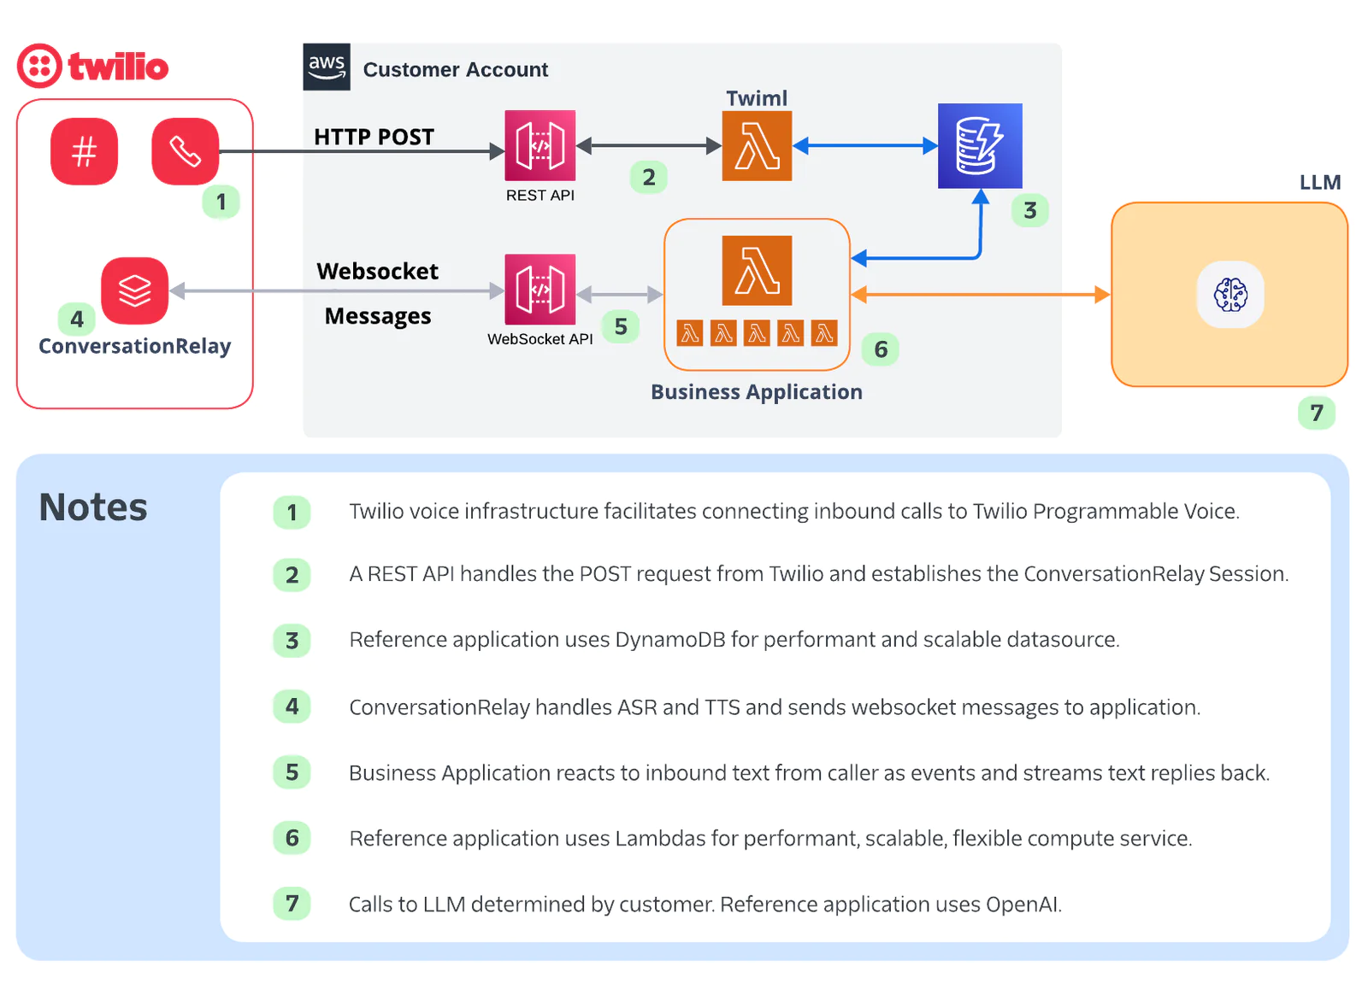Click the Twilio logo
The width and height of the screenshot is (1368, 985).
point(92,66)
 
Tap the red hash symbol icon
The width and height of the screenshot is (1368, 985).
point(84,151)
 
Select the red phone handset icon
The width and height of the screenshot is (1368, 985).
point(185,151)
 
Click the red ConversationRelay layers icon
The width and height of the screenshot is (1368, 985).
point(134,290)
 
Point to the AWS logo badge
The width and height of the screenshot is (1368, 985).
point(327,67)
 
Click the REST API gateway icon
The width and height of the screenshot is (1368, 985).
point(540,145)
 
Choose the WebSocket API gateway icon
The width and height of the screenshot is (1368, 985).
point(540,290)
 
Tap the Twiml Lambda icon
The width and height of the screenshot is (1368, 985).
point(757,146)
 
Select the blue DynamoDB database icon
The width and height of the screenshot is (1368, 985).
point(980,146)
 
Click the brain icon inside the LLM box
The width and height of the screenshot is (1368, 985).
point(1230,295)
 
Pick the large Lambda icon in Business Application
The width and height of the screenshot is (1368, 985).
point(757,270)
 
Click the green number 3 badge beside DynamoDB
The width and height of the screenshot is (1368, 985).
point(1029,210)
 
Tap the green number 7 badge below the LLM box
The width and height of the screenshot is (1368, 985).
point(1316,413)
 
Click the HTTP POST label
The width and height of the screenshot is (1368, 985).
point(374,137)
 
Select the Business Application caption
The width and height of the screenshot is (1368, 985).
point(757,392)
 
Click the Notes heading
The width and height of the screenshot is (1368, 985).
point(93,507)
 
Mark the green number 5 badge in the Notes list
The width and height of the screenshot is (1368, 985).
point(292,772)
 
